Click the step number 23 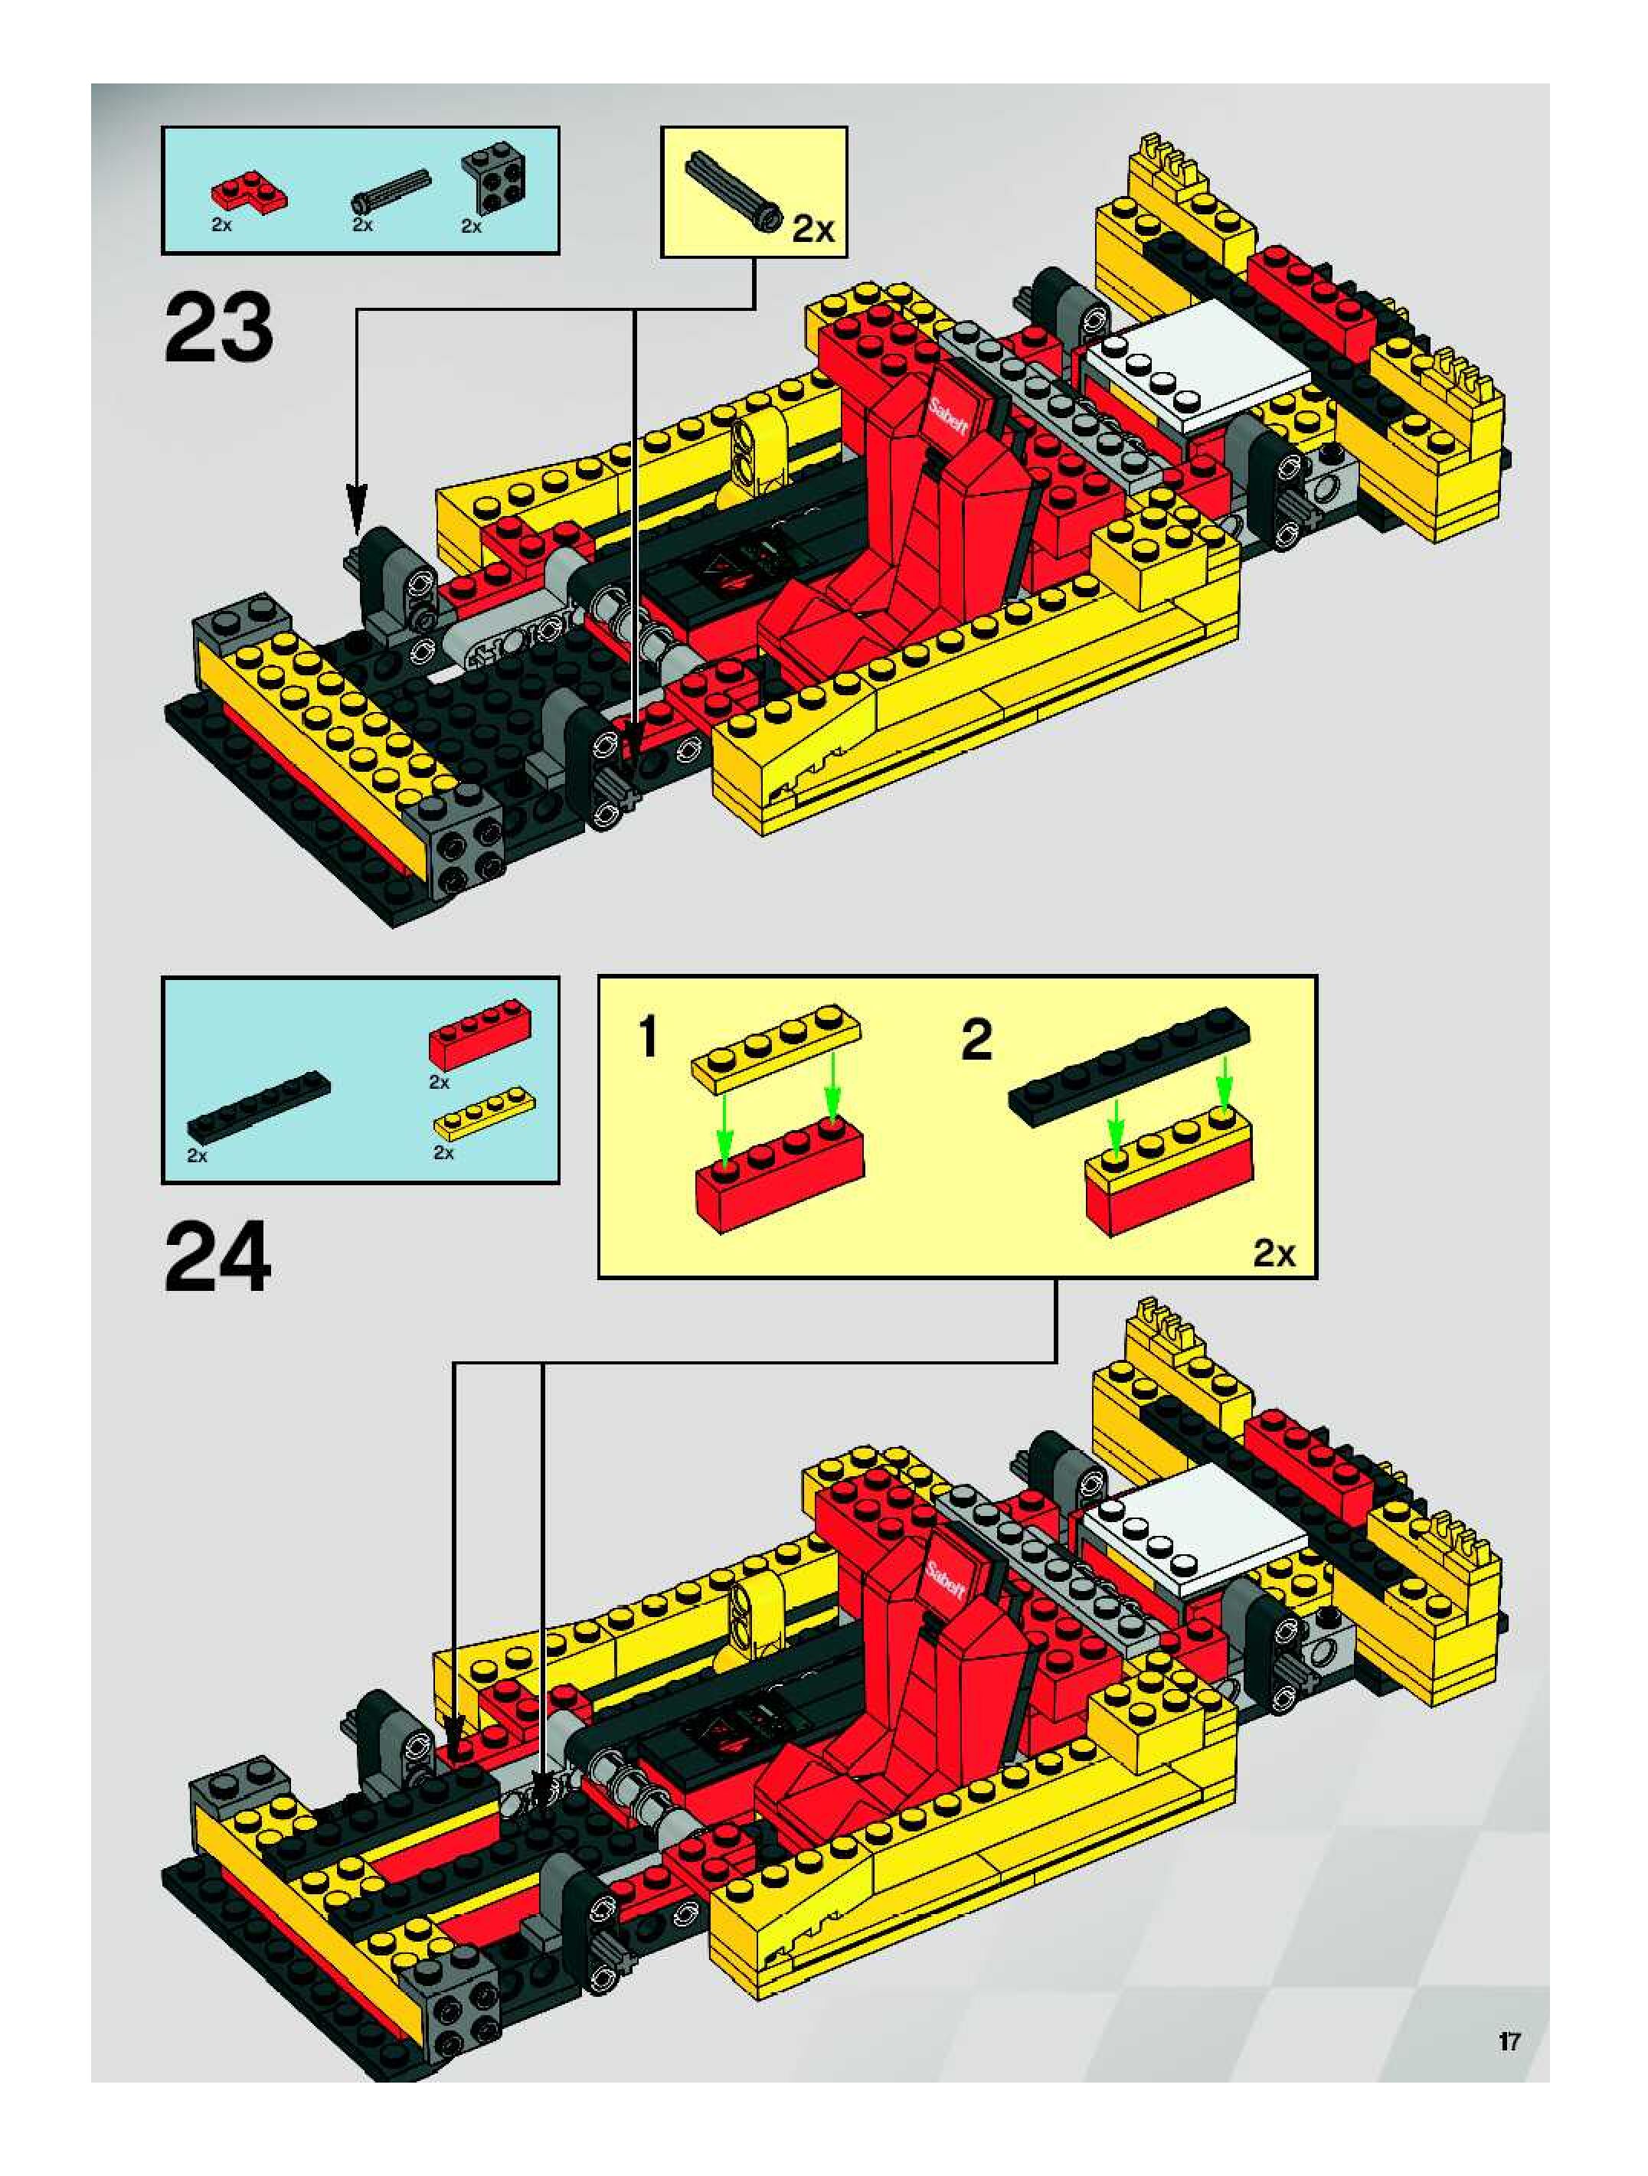click(x=218, y=328)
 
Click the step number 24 click(x=217, y=1258)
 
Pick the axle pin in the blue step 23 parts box click(x=390, y=191)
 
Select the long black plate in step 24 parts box click(x=259, y=1105)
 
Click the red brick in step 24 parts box click(x=479, y=1035)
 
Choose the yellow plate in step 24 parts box click(x=484, y=1112)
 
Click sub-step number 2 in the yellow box click(x=976, y=1041)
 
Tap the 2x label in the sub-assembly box click(x=1274, y=1253)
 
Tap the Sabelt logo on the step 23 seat click(x=950, y=415)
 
